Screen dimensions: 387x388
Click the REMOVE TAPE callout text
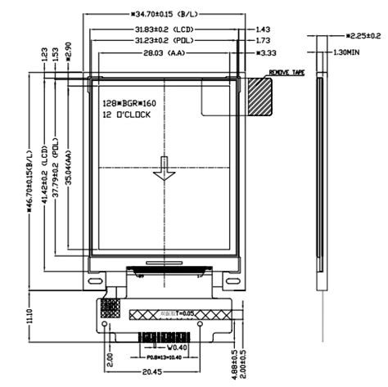pyautogui.click(x=285, y=73)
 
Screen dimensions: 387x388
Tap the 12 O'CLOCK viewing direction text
pyautogui.click(x=126, y=116)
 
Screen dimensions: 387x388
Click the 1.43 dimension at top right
pyautogui.click(x=262, y=29)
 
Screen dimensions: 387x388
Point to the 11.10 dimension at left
pyautogui.click(x=30, y=315)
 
